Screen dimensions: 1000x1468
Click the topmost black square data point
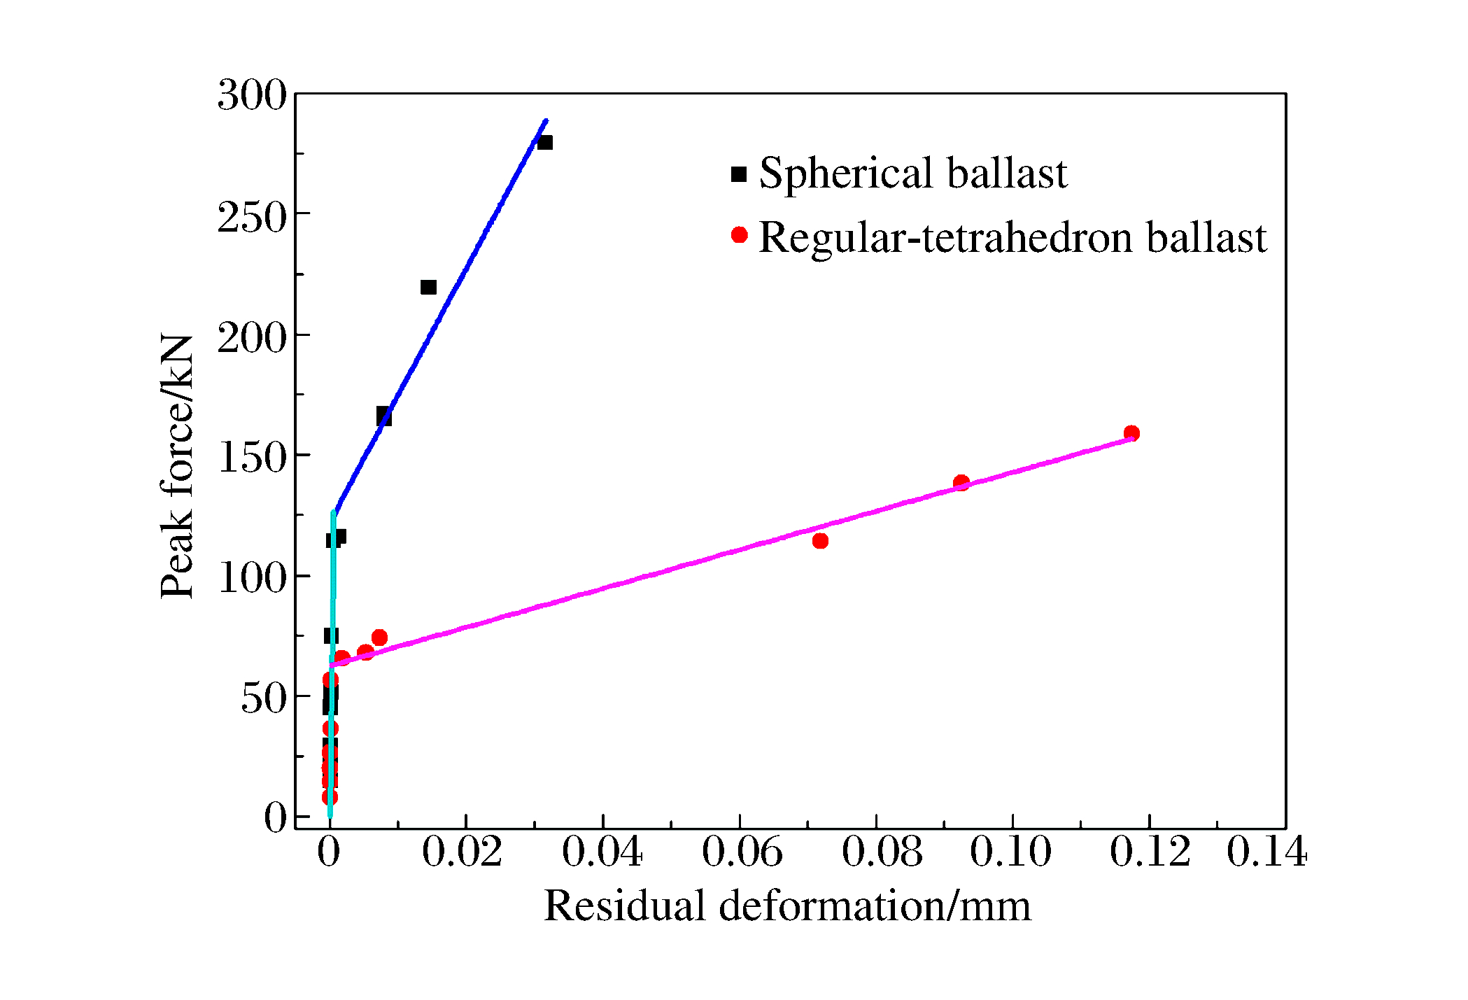(x=544, y=143)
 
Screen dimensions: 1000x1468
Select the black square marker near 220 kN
(x=428, y=287)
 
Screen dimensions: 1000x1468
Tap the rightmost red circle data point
(x=1131, y=433)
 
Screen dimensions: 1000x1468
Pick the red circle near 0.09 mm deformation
(x=961, y=482)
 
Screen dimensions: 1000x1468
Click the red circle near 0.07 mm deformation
(x=820, y=540)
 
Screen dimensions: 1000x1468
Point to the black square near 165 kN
(x=383, y=416)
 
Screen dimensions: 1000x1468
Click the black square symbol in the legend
(x=739, y=174)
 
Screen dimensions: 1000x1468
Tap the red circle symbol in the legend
(x=739, y=235)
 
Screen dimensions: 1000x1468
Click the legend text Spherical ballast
(x=913, y=174)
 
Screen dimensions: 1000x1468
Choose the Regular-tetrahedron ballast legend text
(x=1012, y=238)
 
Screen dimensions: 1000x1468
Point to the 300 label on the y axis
(x=252, y=96)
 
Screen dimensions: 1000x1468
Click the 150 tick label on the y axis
(x=252, y=458)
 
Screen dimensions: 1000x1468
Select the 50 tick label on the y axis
(x=264, y=699)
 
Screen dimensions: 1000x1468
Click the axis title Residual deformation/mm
(x=787, y=907)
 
